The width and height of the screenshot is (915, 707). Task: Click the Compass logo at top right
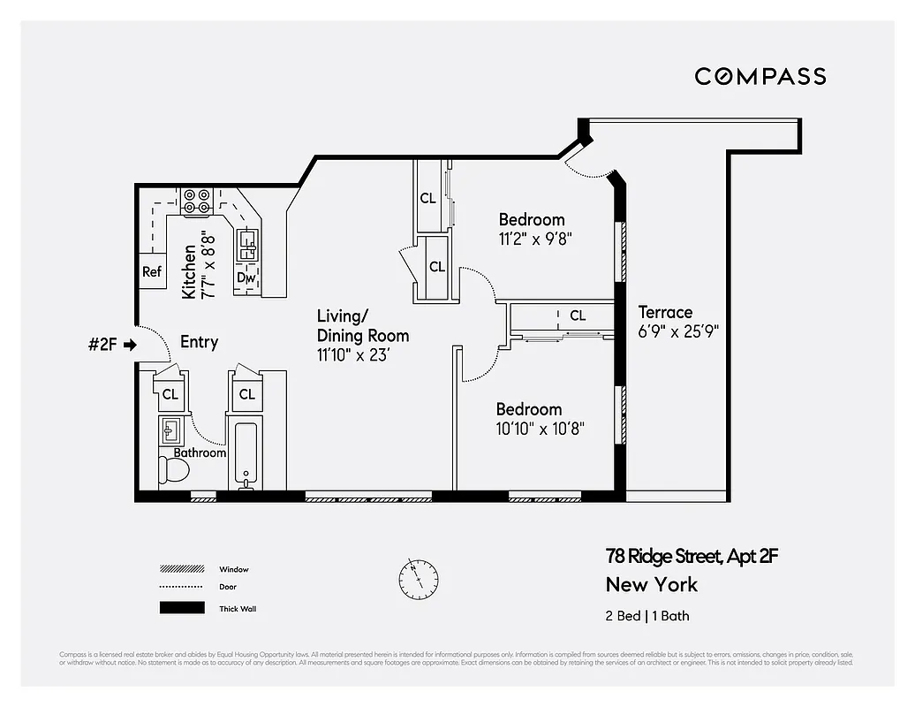tap(760, 76)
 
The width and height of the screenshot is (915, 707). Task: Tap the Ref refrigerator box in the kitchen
tap(152, 271)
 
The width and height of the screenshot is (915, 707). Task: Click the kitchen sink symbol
tap(247, 244)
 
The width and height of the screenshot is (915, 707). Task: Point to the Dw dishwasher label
tap(246, 278)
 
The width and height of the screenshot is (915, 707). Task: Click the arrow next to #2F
tap(130, 345)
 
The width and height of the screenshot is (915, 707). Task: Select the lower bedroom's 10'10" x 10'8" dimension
tap(540, 429)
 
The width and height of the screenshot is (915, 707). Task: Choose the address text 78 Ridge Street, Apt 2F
tap(691, 556)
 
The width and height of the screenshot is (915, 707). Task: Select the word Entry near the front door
tap(199, 342)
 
